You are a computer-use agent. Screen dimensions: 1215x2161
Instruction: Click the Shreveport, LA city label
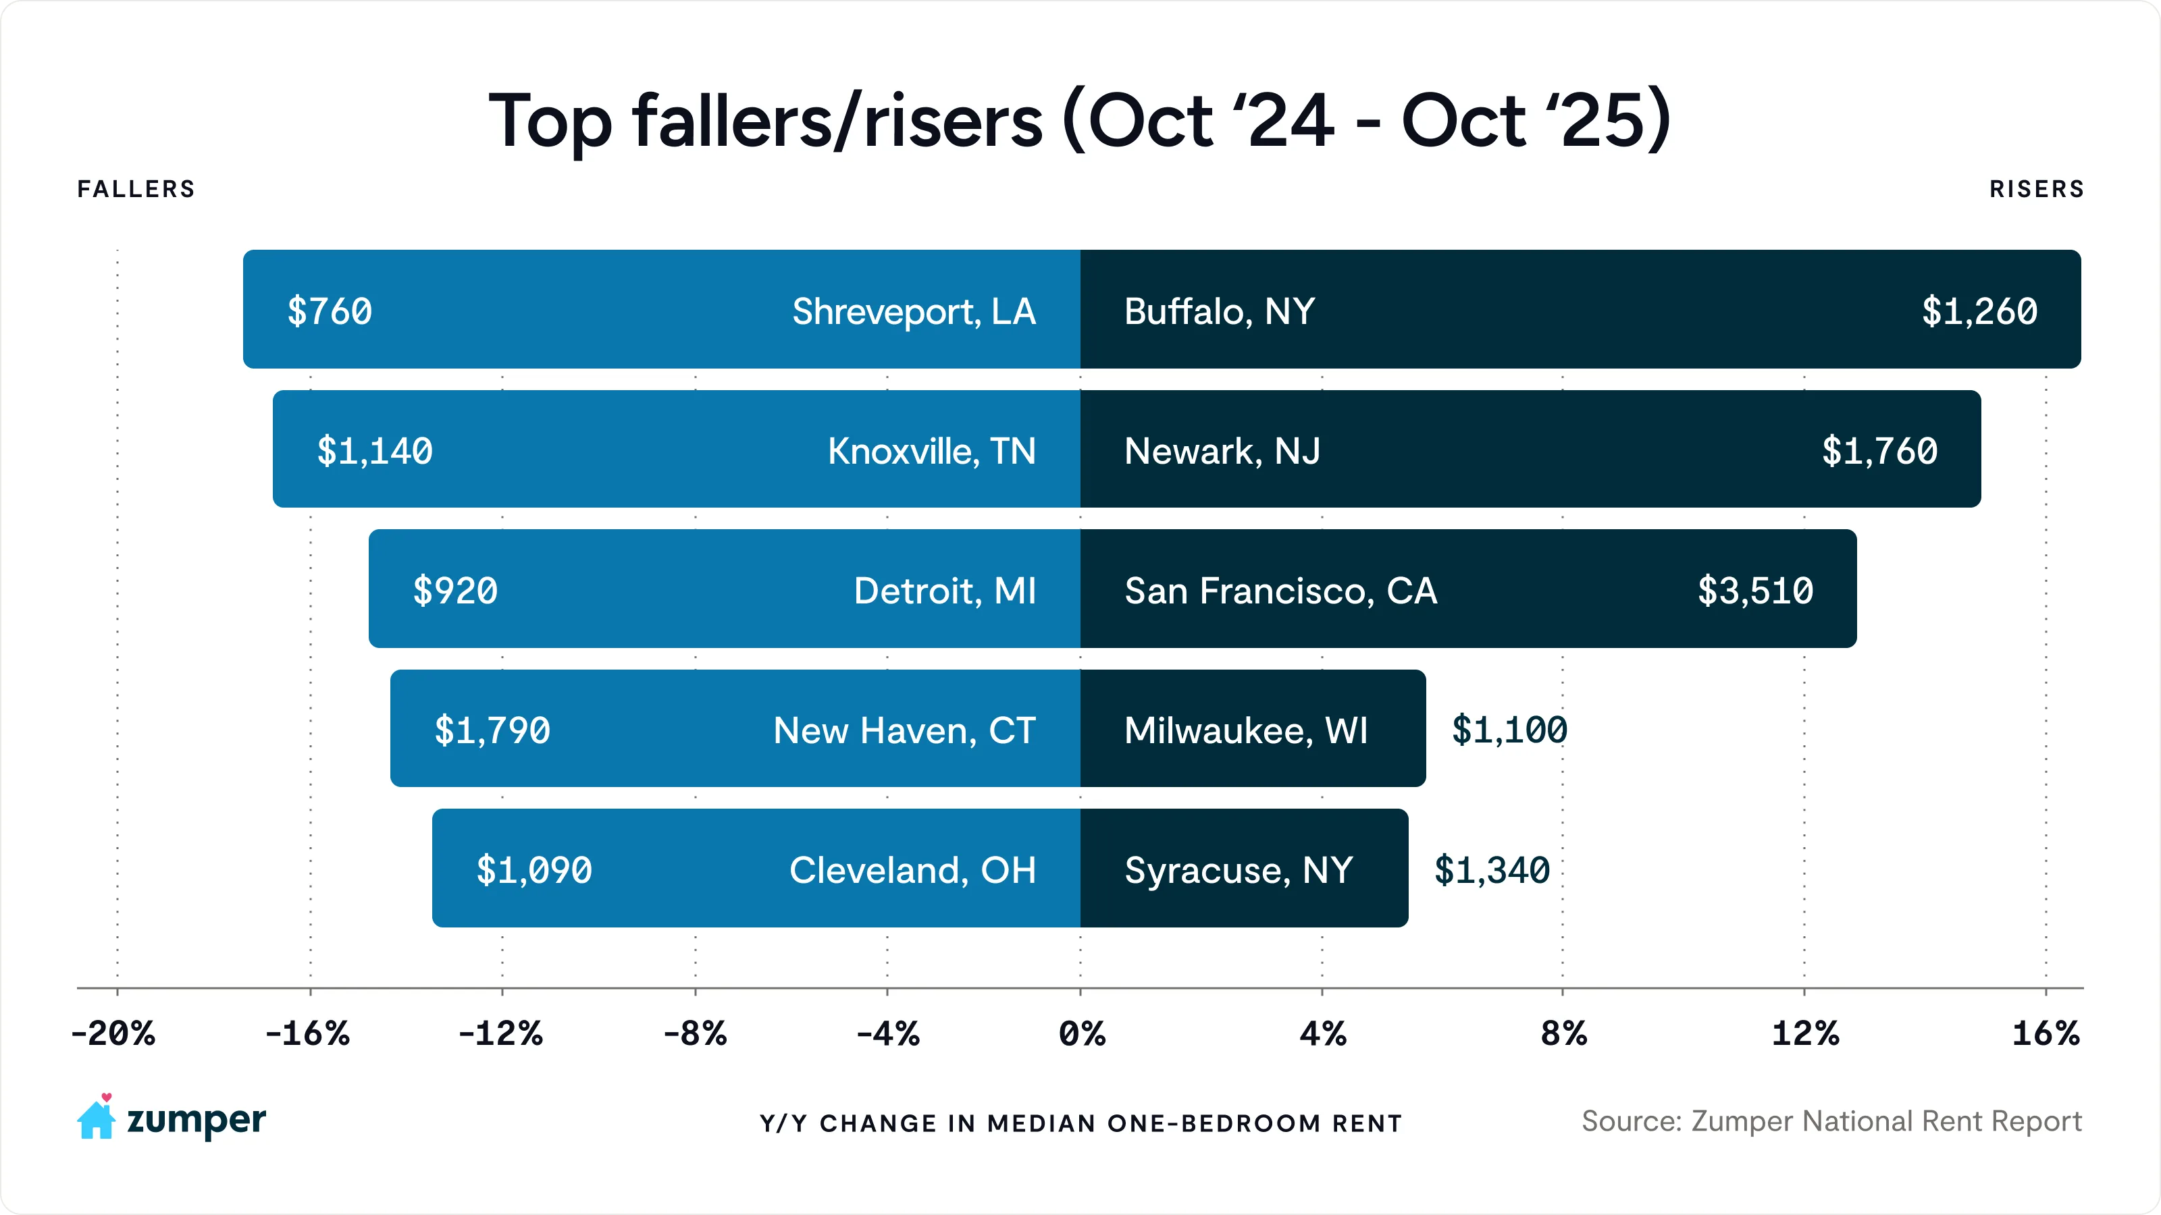(914, 311)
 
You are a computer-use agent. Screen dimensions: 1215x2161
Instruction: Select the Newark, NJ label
(1222, 451)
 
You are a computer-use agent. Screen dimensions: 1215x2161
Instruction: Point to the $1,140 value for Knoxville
(374, 451)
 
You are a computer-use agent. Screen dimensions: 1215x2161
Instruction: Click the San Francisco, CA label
(1280, 591)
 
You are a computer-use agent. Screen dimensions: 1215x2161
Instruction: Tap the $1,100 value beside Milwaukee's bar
(1509, 730)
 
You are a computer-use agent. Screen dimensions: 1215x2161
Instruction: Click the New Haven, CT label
(904, 730)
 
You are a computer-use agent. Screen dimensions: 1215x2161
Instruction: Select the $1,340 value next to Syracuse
(1492, 869)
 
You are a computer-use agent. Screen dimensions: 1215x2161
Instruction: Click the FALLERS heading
(136, 190)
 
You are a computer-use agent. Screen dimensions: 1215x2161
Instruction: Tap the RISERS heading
(2036, 190)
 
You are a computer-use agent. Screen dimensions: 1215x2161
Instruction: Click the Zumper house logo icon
(97, 1117)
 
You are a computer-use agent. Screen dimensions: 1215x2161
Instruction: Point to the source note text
(1831, 1121)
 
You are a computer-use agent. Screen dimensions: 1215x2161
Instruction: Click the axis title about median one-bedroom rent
(1080, 1124)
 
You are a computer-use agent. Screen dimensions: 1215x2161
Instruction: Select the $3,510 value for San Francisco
(1755, 591)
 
